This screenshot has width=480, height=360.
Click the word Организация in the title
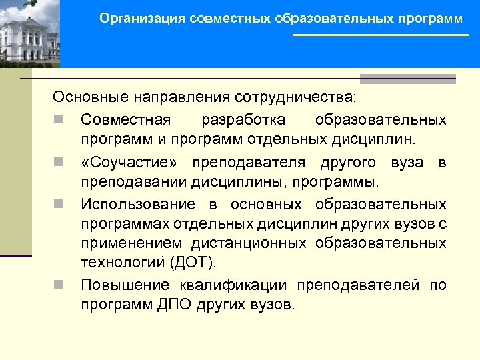[x=142, y=19]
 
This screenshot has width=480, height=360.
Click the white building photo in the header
[x=30, y=33]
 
